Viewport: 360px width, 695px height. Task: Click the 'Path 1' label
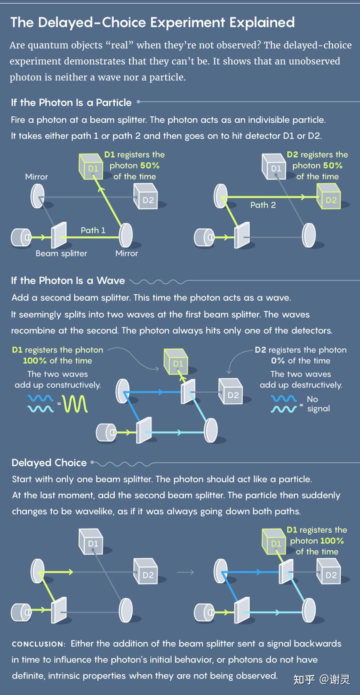coord(93,230)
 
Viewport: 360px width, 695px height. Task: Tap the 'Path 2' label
coord(263,205)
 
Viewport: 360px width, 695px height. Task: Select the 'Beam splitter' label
coord(61,253)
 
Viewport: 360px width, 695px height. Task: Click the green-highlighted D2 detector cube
coord(328,196)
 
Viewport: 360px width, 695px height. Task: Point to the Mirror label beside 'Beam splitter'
coord(127,253)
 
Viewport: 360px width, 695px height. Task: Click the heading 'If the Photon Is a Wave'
coord(68,280)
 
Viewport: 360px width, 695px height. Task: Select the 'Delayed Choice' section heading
coord(49,463)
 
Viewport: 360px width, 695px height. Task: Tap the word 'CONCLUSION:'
coord(38,644)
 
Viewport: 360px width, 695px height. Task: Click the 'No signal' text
coord(318,404)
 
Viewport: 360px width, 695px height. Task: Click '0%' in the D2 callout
coord(278,361)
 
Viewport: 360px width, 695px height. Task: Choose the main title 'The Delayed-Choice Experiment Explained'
coord(152,22)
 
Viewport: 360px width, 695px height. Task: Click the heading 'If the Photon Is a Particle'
coord(71,103)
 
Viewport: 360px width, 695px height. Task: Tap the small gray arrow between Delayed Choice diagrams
coord(185,572)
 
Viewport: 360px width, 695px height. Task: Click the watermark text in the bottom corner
coord(322,680)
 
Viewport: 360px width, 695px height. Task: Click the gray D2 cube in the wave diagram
coord(231,391)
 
